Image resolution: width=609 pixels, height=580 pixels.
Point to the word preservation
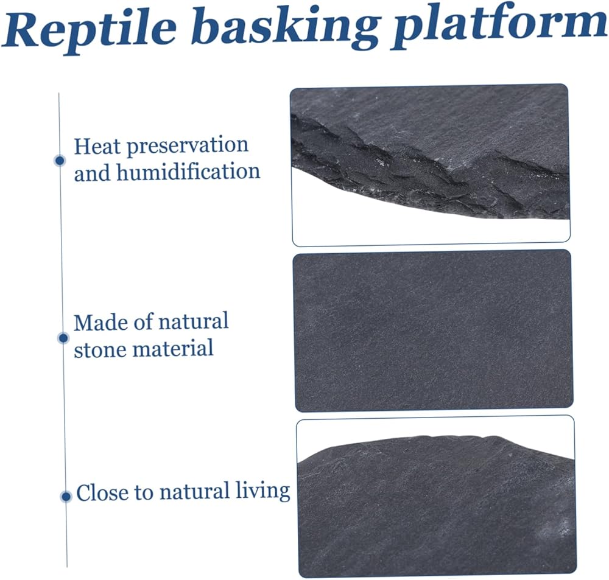point(188,146)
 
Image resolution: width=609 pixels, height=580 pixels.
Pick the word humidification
point(188,171)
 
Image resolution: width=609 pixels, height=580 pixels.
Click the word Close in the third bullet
point(102,492)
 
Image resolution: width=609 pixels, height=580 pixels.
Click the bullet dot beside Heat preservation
point(60,160)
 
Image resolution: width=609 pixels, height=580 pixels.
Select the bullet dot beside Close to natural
point(66,496)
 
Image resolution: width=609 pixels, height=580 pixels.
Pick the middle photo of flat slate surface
point(432,330)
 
